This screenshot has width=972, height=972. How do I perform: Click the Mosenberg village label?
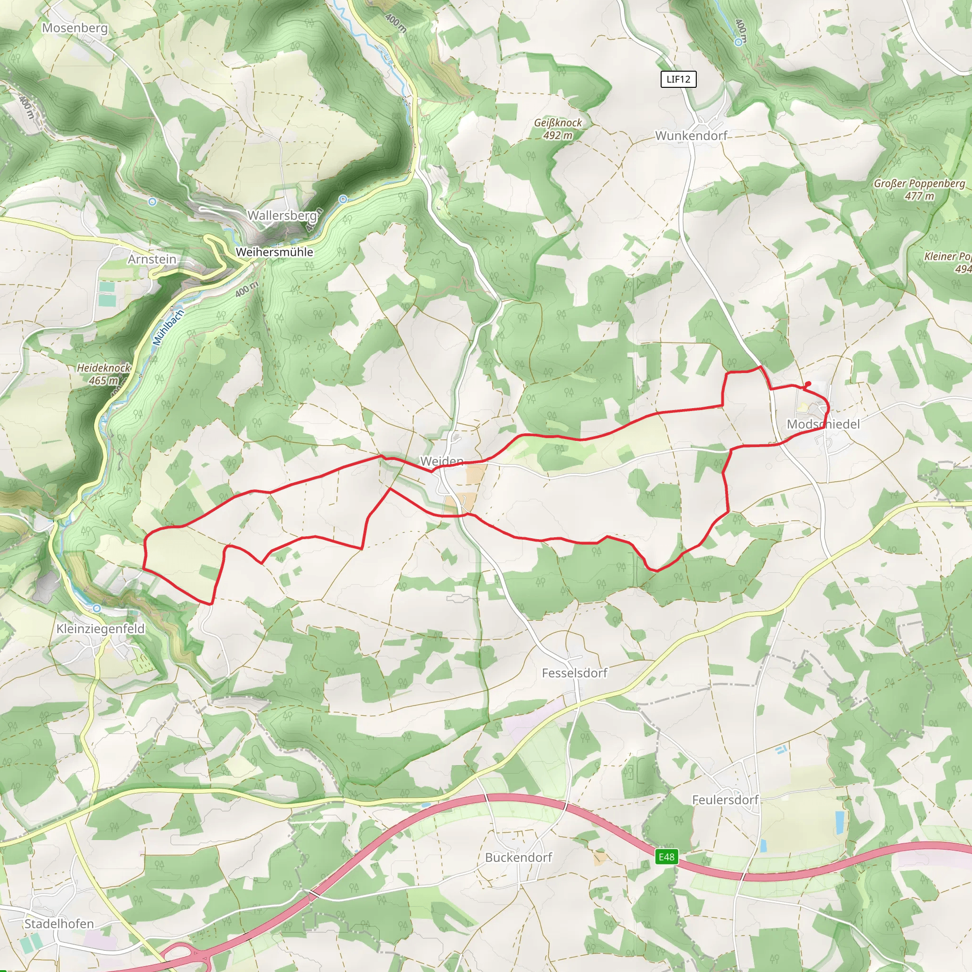[x=75, y=28]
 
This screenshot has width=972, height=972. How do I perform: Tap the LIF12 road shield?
[x=678, y=79]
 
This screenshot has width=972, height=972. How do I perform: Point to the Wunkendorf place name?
[x=691, y=136]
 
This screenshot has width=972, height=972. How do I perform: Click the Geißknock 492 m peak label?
[x=558, y=129]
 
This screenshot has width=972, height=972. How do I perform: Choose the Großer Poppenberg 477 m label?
[x=919, y=190]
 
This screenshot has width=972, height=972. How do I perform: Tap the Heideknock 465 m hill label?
[x=103, y=374]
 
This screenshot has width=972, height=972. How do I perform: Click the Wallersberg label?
[x=282, y=215]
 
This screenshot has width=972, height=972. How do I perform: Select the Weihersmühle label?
[x=274, y=252]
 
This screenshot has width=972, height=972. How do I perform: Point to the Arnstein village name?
[x=152, y=259]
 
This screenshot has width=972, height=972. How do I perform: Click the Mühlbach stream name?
[x=168, y=327]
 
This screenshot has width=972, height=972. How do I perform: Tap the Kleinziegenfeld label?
[x=100, y=629]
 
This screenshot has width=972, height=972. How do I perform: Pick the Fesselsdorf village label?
[x=575, y=673]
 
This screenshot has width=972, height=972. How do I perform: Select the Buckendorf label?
[x=518, y=857]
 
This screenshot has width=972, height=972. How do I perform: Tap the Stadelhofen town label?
[x=59, y=924]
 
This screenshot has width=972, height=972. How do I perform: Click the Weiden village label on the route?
[x=442, y=461]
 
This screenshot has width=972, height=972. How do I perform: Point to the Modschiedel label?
[x=823, y=424]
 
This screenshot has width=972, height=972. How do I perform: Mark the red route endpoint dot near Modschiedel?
[x=808, y=384]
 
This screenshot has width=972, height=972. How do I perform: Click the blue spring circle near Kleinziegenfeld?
[x=97, y=608]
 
